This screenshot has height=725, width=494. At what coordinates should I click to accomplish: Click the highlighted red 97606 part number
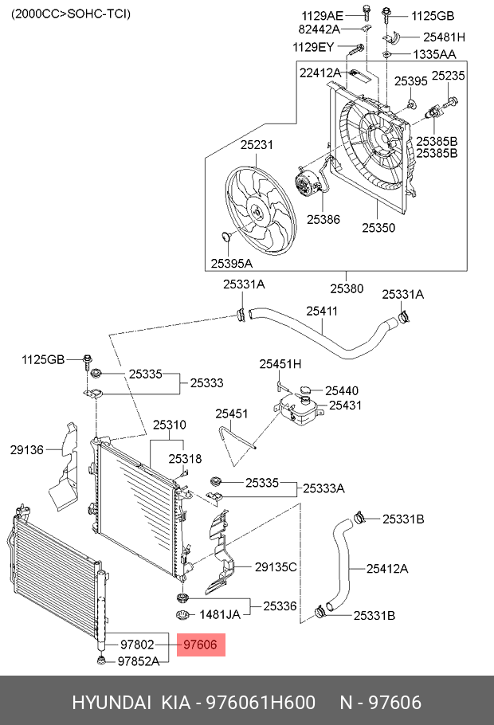pyautogui.click(x=200, y=645)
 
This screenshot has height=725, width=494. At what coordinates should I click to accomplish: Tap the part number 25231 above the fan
pyautogui.click(x=257, y=145)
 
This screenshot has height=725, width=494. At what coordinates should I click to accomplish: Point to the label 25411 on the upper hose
pyautogui.click(x=322, y=312)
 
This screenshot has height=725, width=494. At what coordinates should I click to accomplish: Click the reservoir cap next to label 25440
pyautogui.click(x=305, y=390)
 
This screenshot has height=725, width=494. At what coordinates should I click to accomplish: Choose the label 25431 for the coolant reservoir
pyautogui.click(x=346, y=405)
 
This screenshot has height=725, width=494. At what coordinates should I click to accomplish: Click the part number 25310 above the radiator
pyautogui.click(x=170, y=425)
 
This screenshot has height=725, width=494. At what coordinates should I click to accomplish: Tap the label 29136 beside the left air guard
pyautogui.click(x=27, y=449)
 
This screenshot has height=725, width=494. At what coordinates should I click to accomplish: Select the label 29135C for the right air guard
pyautogui.click(x=276, y=566)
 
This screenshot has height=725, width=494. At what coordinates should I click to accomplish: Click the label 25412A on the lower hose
pyautogui.click(x=387, y=568)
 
